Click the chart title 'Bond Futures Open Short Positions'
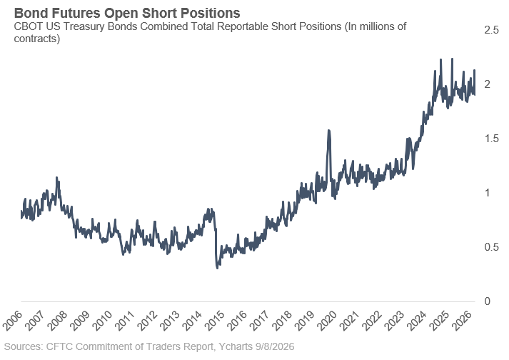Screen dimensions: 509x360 coord(127,14)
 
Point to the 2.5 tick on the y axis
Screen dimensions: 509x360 coord(491,30)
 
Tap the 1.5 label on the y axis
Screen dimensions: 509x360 coord(491,139)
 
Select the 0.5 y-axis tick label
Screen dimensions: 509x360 coord(491,247)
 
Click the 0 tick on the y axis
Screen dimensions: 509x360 coord(488,301)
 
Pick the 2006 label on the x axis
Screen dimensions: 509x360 coord(13,321)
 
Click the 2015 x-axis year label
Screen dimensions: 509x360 coord(215,321)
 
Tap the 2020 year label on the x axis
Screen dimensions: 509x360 coord(327,321)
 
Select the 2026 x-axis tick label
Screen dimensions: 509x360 coord(462,321)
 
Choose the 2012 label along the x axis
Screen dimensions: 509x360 coord(147,321)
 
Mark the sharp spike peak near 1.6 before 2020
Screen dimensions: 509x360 coord(329,131)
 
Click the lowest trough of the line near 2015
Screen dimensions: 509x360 coord(217,267)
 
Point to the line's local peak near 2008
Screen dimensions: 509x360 coord(57,178)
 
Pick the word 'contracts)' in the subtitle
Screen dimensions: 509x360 coord(37,39)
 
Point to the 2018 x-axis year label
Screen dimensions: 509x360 coord(282,321)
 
